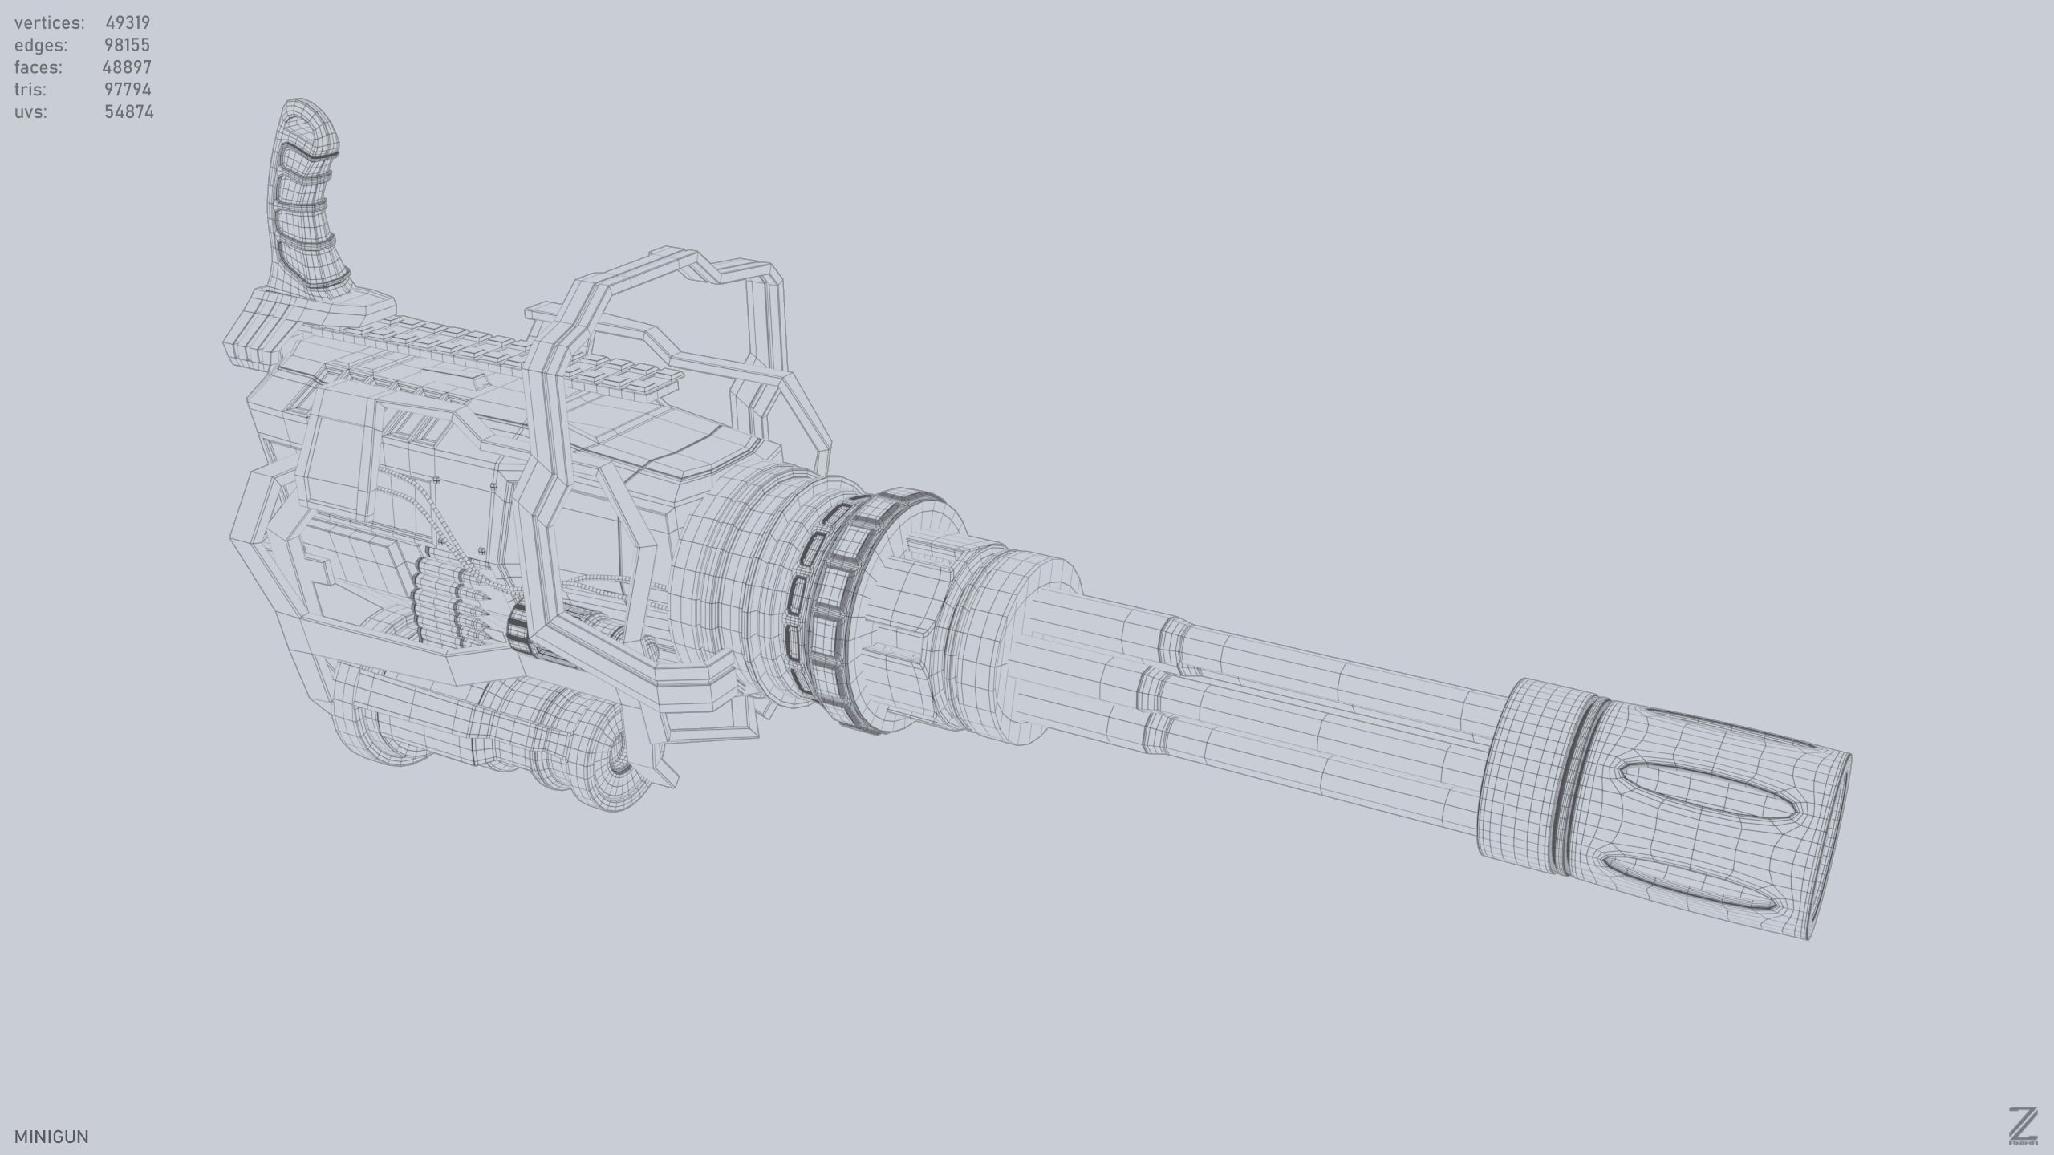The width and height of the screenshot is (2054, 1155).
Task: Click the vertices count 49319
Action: click(x=127, y=22)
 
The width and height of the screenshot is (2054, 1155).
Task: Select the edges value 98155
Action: click(x=127, y=45)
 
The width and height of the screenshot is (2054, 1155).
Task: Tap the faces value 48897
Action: click(x=127, y=67)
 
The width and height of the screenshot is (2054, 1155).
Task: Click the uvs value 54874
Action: click(x=128, y=111)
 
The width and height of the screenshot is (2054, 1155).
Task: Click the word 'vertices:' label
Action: click(x=49, y=22)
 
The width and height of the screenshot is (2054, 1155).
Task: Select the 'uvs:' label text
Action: click(x=30, y=111)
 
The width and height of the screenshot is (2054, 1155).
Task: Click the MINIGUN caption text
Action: click(x=51, y=1137)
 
